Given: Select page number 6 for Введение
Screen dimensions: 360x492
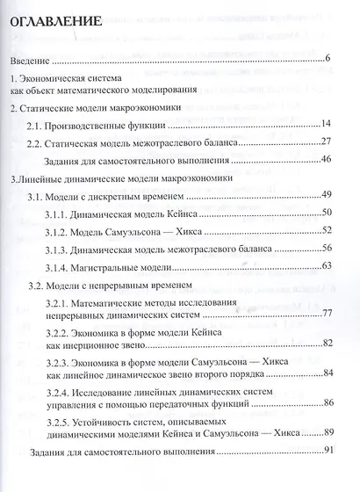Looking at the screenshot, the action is tap(326, 59).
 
